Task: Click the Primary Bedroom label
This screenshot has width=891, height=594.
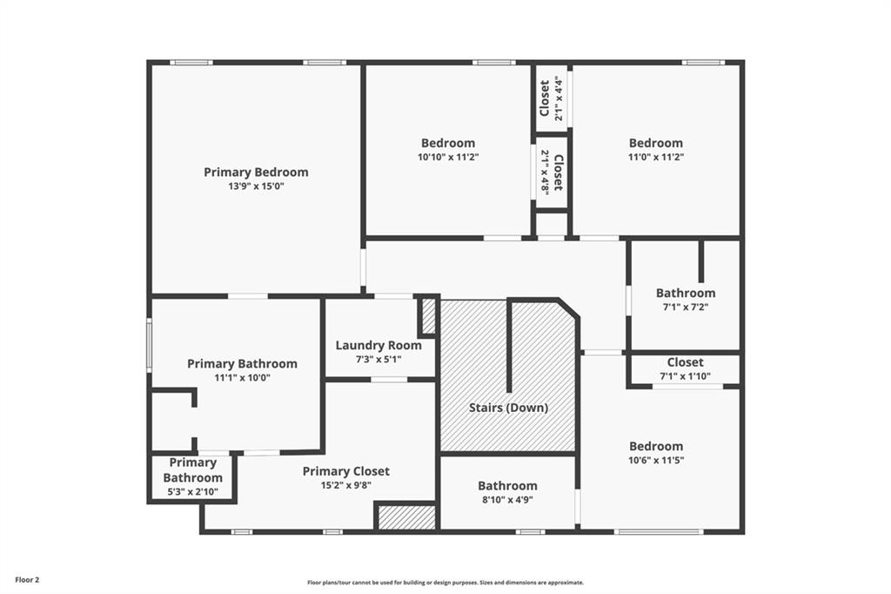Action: coord(256,172)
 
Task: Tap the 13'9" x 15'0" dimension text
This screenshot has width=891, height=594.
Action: coord(256,186)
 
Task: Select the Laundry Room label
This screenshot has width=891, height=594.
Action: coord(379,346)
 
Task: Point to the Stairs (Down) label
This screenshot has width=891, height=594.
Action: coord(508,408)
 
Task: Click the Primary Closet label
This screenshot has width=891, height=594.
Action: coord(346,471)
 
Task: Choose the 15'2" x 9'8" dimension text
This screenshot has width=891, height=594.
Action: coord(346,485)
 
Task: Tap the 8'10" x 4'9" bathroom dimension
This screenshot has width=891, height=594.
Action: coord(507,500)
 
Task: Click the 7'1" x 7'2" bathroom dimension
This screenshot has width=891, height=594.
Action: coord(686,307)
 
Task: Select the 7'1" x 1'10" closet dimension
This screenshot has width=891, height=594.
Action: coord(686,376)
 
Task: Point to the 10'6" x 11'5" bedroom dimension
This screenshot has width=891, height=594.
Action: coord(656,460)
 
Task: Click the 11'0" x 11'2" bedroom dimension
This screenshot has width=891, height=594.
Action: coord(656,157)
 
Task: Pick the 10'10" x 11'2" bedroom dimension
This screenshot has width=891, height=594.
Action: coord(448,157)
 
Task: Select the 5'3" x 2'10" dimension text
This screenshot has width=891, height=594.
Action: coord(192,492)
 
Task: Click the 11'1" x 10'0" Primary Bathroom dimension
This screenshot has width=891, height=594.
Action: coord(242,378)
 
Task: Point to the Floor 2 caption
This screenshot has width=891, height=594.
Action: coord(27,580)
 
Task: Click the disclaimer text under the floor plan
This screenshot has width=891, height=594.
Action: coord(445,583)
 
